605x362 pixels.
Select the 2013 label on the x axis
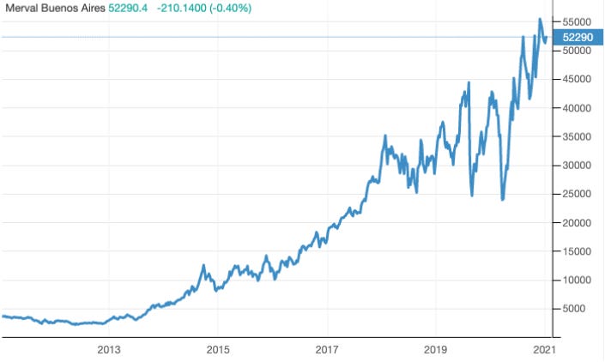tap(109, 350)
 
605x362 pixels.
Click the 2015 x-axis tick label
tap(218, 350)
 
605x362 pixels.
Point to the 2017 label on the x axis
tap(327, 350)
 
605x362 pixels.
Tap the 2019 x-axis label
tap(436, 350)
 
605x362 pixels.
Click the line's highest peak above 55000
tap(539, 19)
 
